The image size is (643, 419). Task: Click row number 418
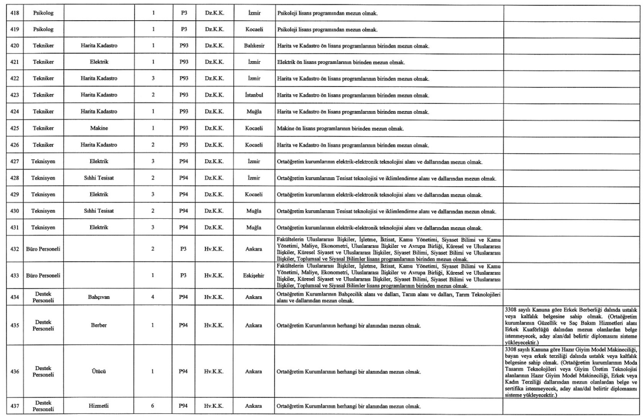click(15, 11)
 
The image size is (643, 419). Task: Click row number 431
click(15, 228)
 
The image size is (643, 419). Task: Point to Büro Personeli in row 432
click(43, 247)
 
